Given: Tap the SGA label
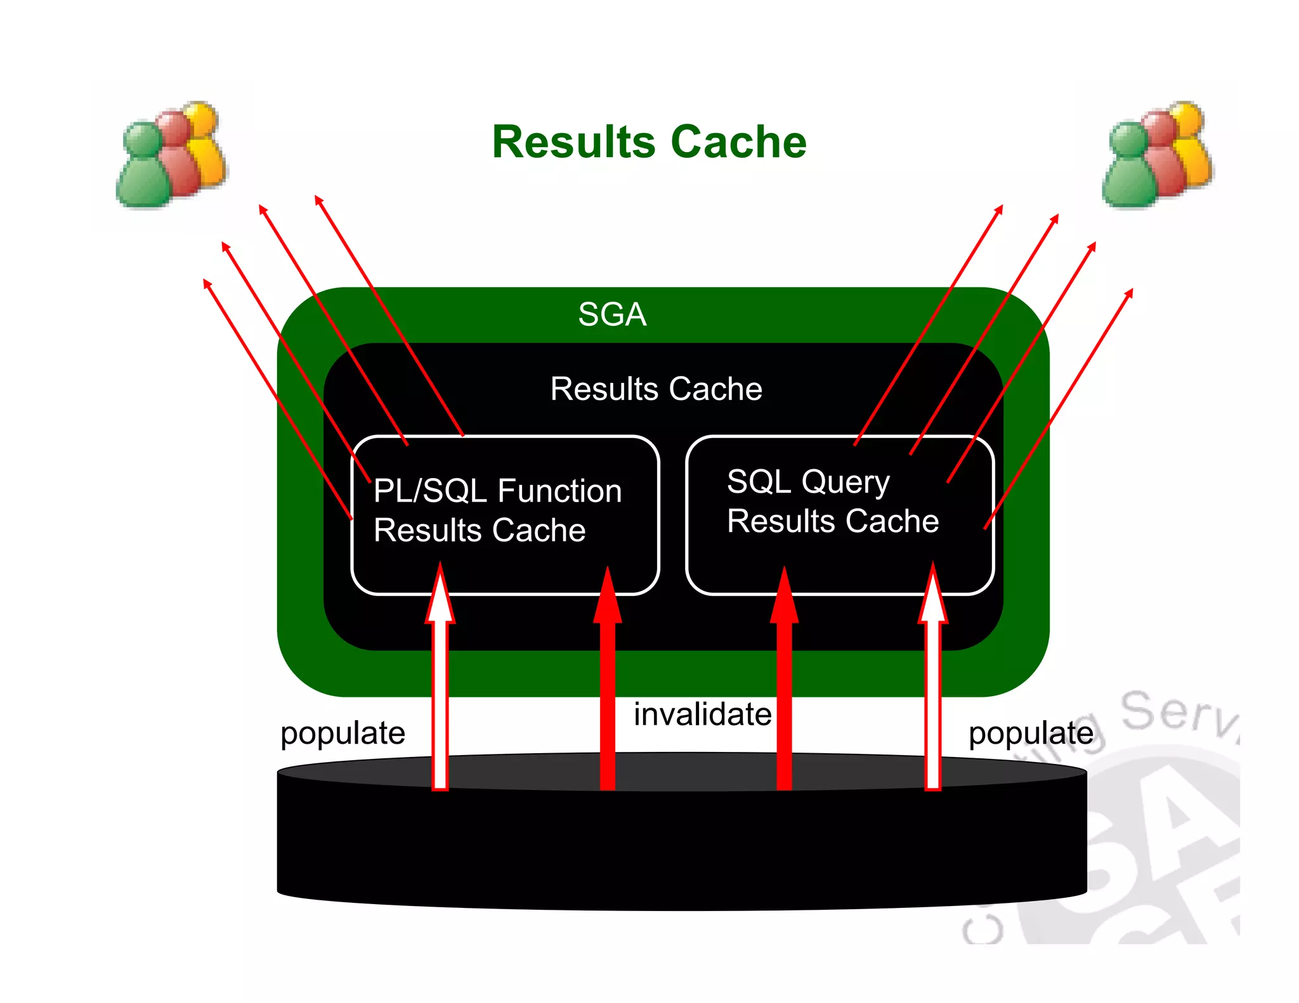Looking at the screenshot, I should (x=612, y=314).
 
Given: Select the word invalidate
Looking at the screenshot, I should (x=702, y=715).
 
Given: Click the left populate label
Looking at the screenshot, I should (x=343, y=734).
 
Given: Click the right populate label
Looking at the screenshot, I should (x=1031, y=734).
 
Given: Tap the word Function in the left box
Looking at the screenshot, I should (x=559, y=491).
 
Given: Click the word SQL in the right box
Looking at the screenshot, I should (x=759, y=482).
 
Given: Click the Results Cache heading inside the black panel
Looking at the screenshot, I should (x=656, y=389).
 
